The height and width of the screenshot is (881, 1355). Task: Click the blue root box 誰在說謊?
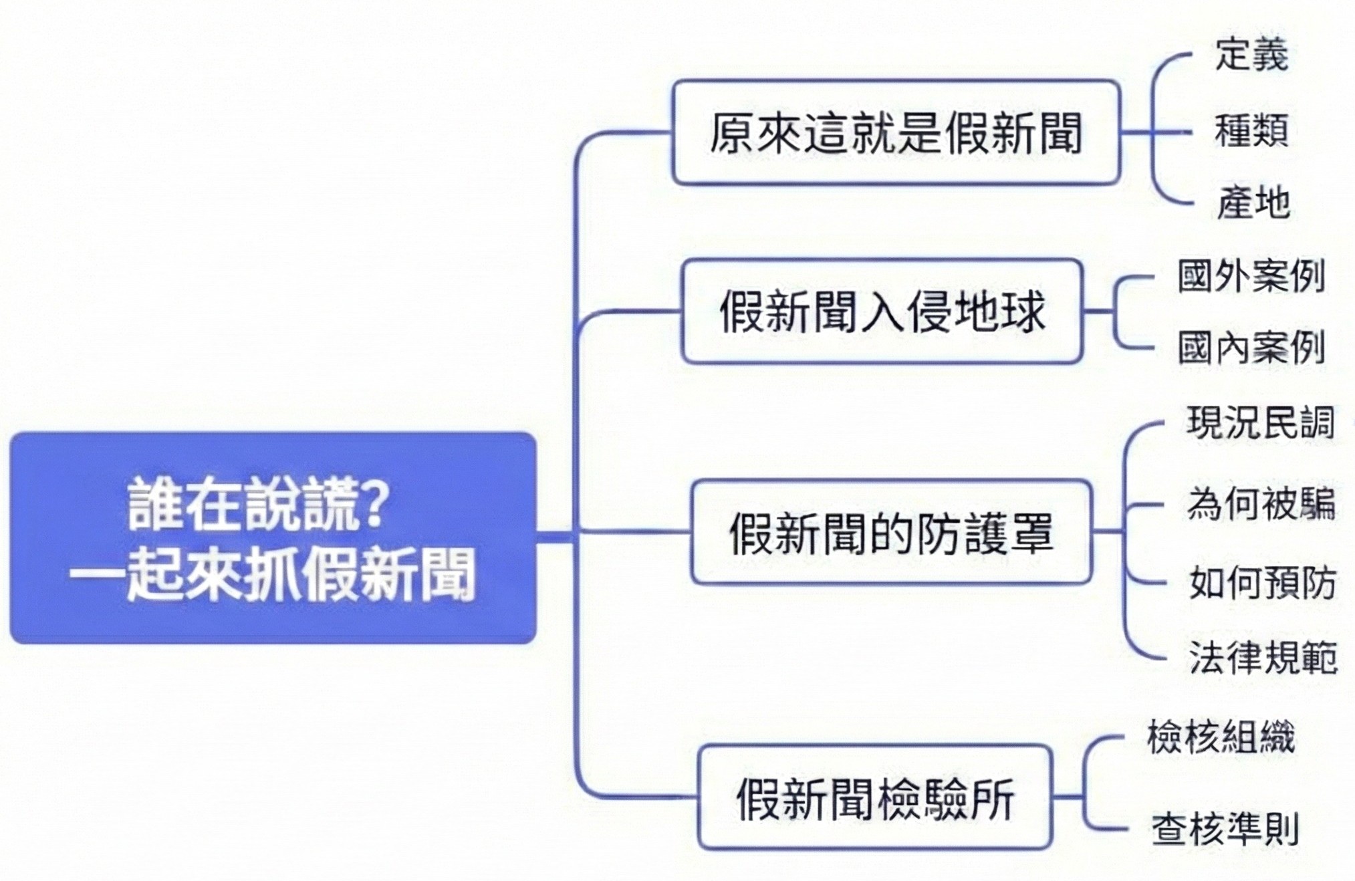[x=273, y=538]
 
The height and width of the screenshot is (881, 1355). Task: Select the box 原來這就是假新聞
[x=896, y=132]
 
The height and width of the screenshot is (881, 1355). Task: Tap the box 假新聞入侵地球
[x=882, y=311]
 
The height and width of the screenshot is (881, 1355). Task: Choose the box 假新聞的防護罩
[x=891, y=533]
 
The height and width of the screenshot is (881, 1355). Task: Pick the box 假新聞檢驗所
[x=875, y=797]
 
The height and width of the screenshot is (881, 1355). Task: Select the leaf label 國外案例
[x=1251, y=275]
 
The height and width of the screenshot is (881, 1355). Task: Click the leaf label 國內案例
[x=1251, y=348]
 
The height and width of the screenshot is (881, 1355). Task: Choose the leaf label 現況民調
[x=1261, y=422]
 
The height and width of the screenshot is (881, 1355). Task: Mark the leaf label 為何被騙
[x=1261, y=503]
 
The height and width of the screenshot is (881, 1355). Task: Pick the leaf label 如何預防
[x=1262, y=582]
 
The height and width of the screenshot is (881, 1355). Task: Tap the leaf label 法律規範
[x=1263, y=657]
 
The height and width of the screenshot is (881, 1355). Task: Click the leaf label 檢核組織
[x=1221, y=737]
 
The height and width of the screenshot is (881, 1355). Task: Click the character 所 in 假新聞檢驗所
[x=992, y=798]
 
